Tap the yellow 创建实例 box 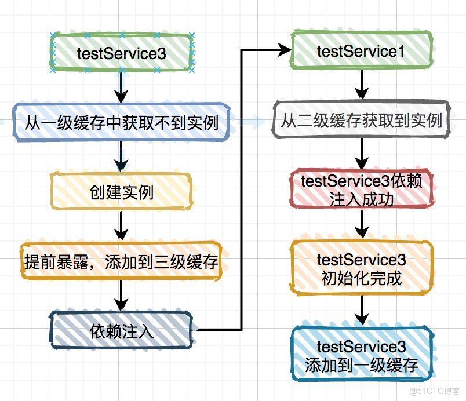(121, 192)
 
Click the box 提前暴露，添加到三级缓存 (121, 262)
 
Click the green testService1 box (361, 51)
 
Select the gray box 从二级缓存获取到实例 (361, 121)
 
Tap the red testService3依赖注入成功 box (361, 189)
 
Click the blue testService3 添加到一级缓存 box (361, 356)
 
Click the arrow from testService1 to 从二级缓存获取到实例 (361, 86)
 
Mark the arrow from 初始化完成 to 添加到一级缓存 (361, 310)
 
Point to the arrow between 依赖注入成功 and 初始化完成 (361, 224)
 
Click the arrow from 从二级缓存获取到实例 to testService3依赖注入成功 (361, 155)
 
